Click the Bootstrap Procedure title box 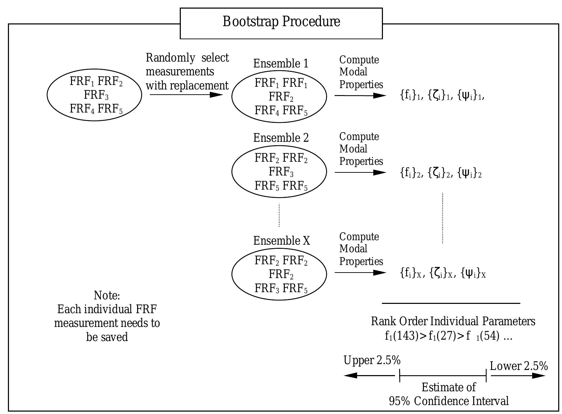(x=281, y=23)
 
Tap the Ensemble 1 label (x=281, y=64)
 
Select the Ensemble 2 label (x=281, y=138)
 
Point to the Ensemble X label (x=281, y=241)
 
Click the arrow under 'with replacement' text (x=186, y=95)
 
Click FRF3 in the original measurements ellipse (x=96, y=95)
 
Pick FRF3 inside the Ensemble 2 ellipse (x=281, y=171)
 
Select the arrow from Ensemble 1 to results (x=360, y=95)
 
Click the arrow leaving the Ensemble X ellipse (x=360, y=273)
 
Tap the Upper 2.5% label (x=372, y=360)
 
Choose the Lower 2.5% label (x=519, y=366)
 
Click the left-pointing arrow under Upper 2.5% (x=368, y=375)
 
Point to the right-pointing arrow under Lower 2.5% (x=518, y=375)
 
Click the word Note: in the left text (x=107, y=296)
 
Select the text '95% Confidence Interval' (x=448, y=401)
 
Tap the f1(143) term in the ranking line (x=401, y=336)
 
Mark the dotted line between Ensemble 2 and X (x=279, y=215)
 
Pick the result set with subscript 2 (x=440, y=173)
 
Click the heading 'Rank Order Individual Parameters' (x=453, y=321)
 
